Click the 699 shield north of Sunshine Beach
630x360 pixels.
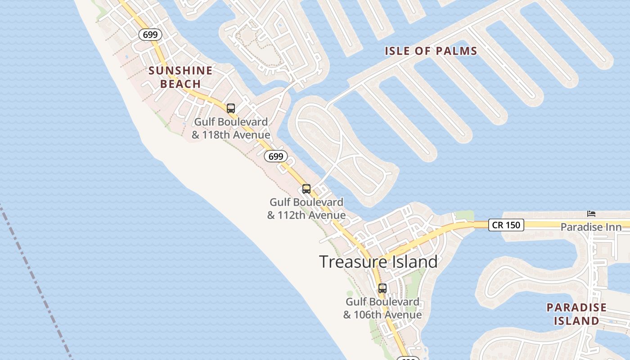coord(150,35)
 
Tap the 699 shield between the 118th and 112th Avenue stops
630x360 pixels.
coord(276,156)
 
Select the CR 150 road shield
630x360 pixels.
coord(506,225)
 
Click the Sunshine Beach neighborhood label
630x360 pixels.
coord(180,77)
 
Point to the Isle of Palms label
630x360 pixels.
coord(431,51)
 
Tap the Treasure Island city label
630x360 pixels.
coord(378,261)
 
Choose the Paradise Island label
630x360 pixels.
coord(576,314)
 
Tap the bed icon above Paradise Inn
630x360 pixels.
coord(591,213)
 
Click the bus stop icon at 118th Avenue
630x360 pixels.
coord(231,108)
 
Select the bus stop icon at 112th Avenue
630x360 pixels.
coord(306,189)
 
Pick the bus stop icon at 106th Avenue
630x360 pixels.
coord(382,288)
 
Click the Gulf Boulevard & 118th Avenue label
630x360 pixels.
coord(231,128)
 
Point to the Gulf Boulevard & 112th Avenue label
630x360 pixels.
coord(306,209)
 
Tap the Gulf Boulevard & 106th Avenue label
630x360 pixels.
coord(382,308)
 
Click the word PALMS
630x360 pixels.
coord(454,51)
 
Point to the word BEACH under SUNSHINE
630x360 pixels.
coord(180,84)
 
